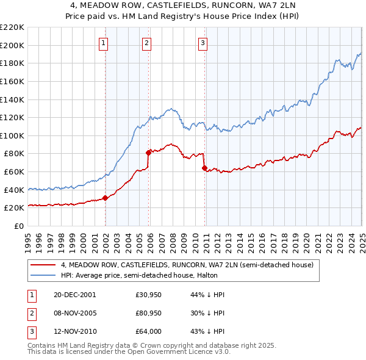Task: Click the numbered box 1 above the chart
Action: point(104,43)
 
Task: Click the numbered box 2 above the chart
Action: point(148,43)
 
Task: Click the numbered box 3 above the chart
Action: point(203,43)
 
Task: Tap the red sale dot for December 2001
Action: point(106,198)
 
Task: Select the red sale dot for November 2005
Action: point(148,153)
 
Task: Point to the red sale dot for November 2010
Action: point(204,168)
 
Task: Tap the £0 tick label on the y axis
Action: point(20,226)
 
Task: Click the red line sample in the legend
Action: point(44,265)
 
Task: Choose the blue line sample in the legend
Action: point(44,275)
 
